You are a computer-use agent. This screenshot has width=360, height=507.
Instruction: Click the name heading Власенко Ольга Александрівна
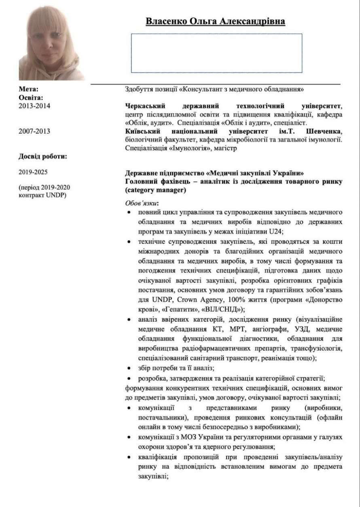215,21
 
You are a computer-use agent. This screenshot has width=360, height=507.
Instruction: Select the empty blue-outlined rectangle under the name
216,53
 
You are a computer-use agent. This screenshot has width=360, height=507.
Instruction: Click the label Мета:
29,89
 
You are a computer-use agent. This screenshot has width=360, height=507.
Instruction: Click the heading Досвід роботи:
43,156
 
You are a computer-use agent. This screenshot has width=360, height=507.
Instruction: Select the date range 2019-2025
33,172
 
